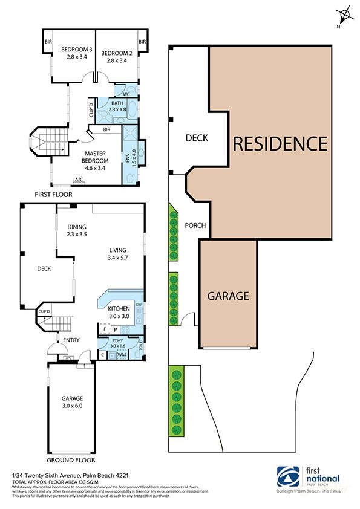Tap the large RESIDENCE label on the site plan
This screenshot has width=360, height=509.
[x=280, y=143]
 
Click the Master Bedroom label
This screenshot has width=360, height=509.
[x=96, y=157]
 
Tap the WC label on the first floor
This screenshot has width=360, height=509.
[x=126, y=94]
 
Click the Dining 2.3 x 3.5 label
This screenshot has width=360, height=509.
[x=77, y=230]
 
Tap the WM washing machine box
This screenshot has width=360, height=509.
[x=122, y=354]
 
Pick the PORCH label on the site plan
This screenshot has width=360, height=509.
[x=195, y=226]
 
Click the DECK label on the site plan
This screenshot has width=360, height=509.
[x=196, y=138]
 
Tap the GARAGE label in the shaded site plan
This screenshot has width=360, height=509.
[x=228, y=296]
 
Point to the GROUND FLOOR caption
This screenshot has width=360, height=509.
[x=71, y=459]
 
